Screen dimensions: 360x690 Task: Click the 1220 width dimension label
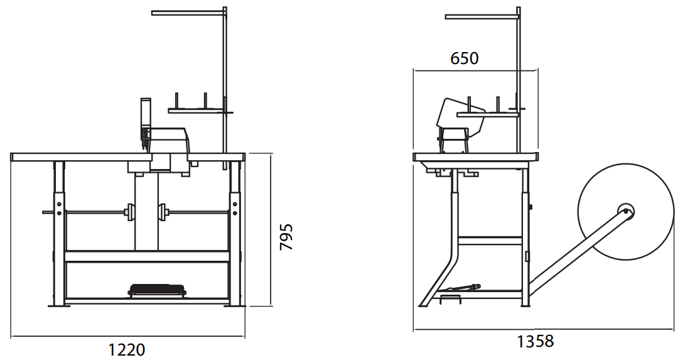click(127, 349)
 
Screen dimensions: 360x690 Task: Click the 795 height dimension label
click(286, 237)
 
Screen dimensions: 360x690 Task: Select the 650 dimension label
click(465, 58)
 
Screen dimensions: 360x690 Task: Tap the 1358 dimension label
click(535, 341)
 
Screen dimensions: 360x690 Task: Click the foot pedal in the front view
click(158, 290)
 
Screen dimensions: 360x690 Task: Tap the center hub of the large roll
click(625, 210)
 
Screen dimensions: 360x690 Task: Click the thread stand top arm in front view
click(188, 12)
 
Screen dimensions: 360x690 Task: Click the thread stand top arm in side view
click(481, 17)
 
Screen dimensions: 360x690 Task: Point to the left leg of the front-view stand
click(59, 232)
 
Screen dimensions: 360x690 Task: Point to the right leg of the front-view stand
click(235, 232)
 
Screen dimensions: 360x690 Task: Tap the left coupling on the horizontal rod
click(131, 212)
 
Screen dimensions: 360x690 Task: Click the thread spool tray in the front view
click(200, 111)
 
